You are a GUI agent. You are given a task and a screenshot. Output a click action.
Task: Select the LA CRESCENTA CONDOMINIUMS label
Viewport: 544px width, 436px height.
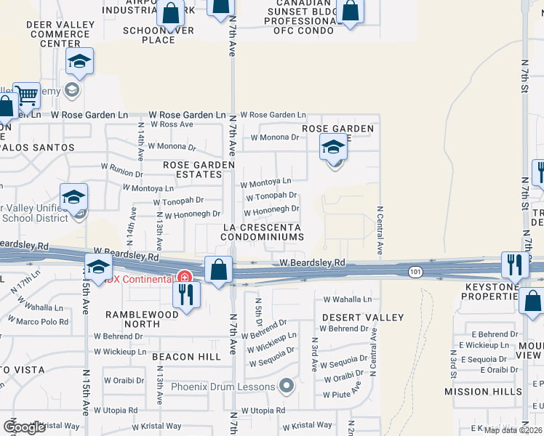point(262,233)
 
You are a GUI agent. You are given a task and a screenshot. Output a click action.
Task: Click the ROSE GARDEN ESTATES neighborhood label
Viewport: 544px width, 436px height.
point(199,169)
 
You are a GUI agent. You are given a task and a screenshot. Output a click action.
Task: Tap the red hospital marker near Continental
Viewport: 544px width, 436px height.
point(185,278)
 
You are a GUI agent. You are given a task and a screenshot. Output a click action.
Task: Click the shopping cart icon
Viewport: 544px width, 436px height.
point(26,93)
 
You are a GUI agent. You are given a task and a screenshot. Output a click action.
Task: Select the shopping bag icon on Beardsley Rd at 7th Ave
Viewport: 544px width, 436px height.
point(218,270)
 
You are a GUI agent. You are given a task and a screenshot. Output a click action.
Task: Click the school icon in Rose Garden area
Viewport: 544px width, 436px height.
point(333,148)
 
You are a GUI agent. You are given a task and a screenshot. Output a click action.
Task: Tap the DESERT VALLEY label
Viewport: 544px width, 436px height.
point(362,318)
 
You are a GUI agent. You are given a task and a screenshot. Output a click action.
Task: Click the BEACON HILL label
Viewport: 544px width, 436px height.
point(187,357)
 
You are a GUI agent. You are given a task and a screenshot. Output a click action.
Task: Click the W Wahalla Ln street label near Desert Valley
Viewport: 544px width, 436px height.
point(347,299)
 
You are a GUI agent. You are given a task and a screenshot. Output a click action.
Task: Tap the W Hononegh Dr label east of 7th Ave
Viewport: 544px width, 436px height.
point(271,211)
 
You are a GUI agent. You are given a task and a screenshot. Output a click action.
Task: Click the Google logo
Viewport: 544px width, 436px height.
point(24,427)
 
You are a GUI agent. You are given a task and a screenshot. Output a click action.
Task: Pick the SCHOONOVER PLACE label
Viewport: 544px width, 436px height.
point(159,35)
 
